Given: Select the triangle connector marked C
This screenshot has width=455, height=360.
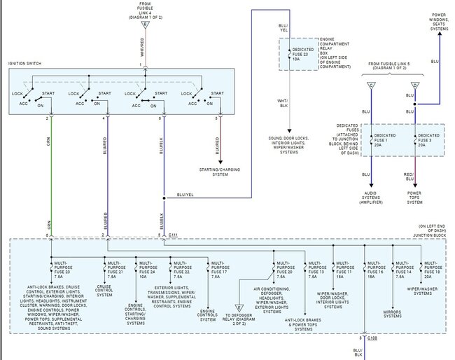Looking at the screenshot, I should pos(371,85).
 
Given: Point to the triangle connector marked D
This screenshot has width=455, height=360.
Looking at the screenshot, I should pos(416,85).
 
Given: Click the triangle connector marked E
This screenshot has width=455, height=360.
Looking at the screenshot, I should pos(239,306).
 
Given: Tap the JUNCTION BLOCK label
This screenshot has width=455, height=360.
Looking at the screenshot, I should pos(429,235).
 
